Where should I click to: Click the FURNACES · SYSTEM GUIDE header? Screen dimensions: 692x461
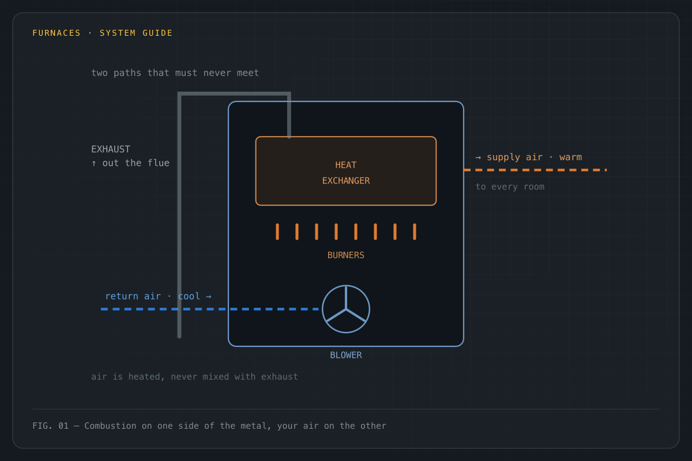pos(102,33)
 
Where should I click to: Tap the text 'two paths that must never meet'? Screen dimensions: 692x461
pos(175,73)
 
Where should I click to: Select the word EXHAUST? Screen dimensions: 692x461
pos(111,149)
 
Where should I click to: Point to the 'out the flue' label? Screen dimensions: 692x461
pos(136,163)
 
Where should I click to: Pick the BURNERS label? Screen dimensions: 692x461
pos(345,255)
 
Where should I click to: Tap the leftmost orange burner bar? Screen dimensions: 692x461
pos(277,232)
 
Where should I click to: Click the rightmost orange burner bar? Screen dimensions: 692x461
pos(415,232)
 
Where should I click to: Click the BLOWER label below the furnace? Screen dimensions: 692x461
pos(346,355)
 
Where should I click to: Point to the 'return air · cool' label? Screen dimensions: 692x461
pos(153,296)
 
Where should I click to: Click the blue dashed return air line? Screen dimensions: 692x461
pos(210,309)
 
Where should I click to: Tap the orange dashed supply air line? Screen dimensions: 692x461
pos(535,170)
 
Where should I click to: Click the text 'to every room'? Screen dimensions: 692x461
pos(510,187)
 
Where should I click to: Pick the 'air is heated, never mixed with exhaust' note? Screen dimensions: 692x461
pos(195,377)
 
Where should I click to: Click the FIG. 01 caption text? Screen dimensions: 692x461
pos(209,426)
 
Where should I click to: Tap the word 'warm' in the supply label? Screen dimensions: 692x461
pos(570,157)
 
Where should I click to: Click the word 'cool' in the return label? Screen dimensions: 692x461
pos(189,296)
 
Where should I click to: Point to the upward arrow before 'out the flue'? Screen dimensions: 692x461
pos(94,163)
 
